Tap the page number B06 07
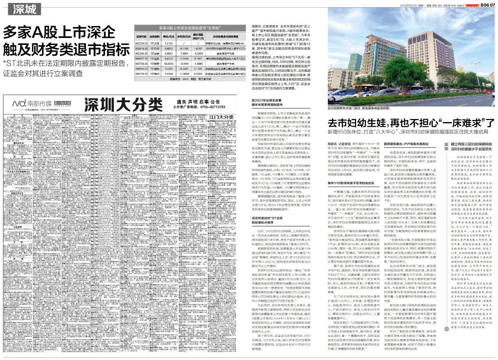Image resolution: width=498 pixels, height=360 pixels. (485, 4)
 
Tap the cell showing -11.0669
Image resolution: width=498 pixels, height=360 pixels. (182, 74)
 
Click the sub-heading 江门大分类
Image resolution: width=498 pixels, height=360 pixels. (220, 117)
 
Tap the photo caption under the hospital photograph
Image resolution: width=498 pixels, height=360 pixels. (367, 109)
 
